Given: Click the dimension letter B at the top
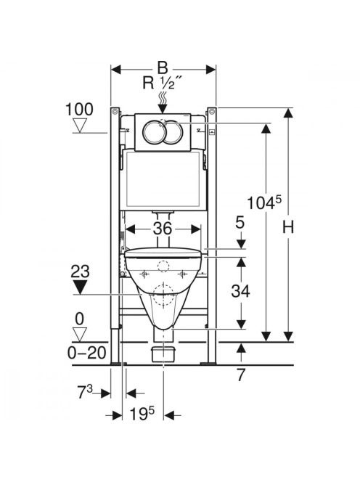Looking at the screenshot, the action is tap(163, 68).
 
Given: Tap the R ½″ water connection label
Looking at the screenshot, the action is tap(163, 82).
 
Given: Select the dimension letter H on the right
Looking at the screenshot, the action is tap(288, 227).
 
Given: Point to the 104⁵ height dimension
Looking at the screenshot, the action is tap(264, 203).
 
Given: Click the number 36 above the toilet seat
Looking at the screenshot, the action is tap(163, 229).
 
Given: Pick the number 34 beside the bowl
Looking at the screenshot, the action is tap(240, 291).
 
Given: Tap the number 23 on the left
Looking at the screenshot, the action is tap(81, 271).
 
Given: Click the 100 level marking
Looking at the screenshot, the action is tap(80, 109).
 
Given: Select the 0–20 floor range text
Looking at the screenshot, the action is tap(86, 353).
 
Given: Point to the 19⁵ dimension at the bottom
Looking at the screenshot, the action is tap(142, 414).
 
